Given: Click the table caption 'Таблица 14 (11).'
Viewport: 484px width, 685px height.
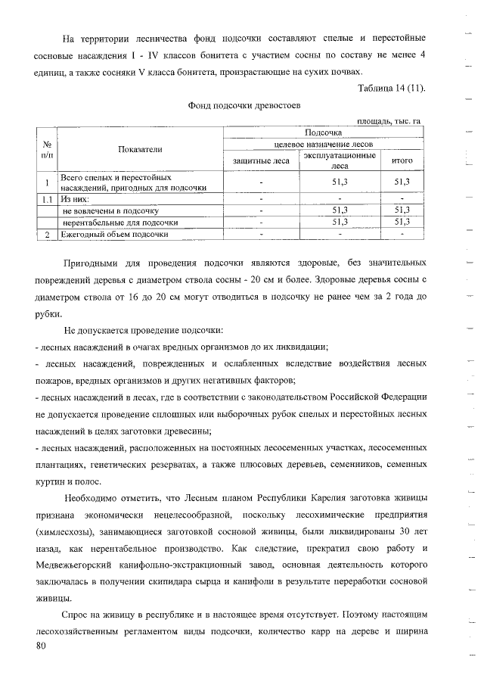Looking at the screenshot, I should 392,89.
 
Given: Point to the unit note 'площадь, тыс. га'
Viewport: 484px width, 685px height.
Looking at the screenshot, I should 388,120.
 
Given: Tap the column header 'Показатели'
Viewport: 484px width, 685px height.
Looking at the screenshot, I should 140,150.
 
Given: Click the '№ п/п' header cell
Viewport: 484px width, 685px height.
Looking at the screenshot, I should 47,150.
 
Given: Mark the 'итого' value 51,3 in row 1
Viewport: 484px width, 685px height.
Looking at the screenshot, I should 402,182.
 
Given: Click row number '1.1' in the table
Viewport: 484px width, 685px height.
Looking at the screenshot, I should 47,199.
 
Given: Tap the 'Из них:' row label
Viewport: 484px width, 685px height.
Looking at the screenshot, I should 75,199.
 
